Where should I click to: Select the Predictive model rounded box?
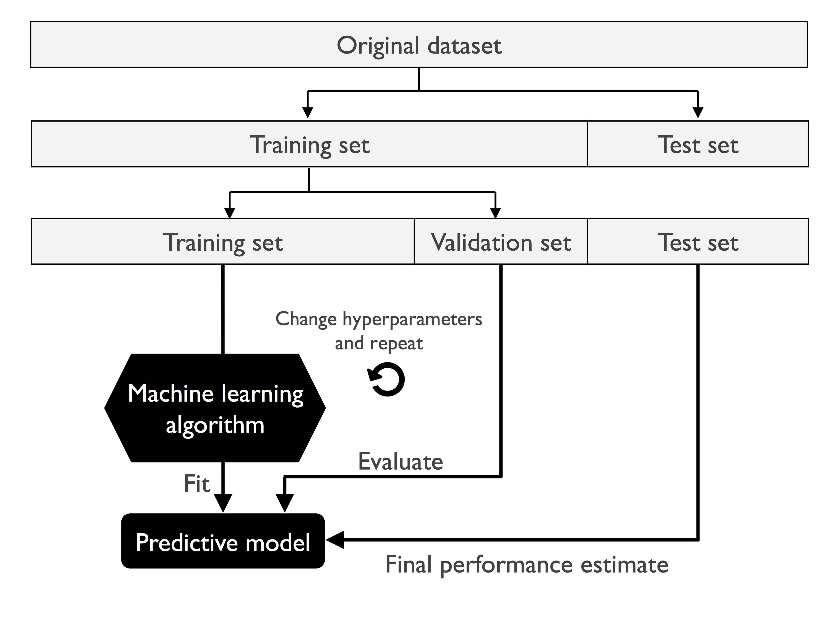pos(223,542)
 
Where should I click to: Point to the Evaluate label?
pos(400,462)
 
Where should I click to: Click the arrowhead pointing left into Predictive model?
pos(335,540)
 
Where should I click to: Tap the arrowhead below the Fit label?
pos(223,502)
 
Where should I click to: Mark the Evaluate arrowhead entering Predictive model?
pos(285,502)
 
